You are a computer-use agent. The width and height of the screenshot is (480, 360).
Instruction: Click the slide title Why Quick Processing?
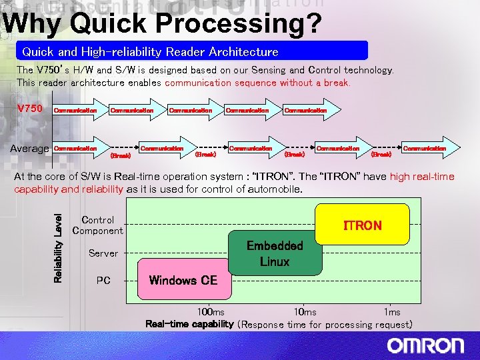pyautogui.click(x=162, y=24)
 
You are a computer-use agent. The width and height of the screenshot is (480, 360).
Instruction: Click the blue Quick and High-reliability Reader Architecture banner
pyautogui.click(x=192, y=51)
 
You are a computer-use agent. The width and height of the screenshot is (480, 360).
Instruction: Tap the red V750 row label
pyautogui.click(x=29, y=109)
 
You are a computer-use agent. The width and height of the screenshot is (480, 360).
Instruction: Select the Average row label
pyautogui.click(x=29, y=149)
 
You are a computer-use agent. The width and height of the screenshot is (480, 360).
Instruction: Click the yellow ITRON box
pyautogui.click(x=363, y=225)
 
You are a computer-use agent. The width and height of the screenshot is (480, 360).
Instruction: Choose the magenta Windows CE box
pyautogui.click(x=183, y=280)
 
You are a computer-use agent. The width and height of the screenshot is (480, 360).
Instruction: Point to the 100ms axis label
pyautogui.click(x=211, y=312)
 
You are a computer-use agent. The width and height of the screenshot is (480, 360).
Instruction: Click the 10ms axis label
pyautogui.click(x=305, y=312)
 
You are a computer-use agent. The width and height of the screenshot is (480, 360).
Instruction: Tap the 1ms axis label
pyautogui.click(x=392, y=312)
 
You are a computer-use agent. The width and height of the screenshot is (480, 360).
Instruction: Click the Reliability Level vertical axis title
pyautogui.click(x=58, y=247)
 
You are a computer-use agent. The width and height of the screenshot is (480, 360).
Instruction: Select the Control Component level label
pyautogui.click(x=98, y=225)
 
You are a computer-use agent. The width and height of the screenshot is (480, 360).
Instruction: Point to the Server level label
pyautogui.click(x=103, y=253)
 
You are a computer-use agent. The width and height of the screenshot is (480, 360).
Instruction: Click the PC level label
pyautogui.click(x=103, y=281)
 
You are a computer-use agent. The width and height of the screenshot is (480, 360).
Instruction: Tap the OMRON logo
pyautogui.click(x=425, y=345)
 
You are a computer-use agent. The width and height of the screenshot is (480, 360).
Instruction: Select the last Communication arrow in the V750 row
pyautogui.click(x=307, y=110)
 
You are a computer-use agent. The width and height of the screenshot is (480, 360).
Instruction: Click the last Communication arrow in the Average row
pyautogui.click(x=427, y=149)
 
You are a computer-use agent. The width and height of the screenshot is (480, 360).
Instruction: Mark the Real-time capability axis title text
pyautogui.click(x=189, y=325)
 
